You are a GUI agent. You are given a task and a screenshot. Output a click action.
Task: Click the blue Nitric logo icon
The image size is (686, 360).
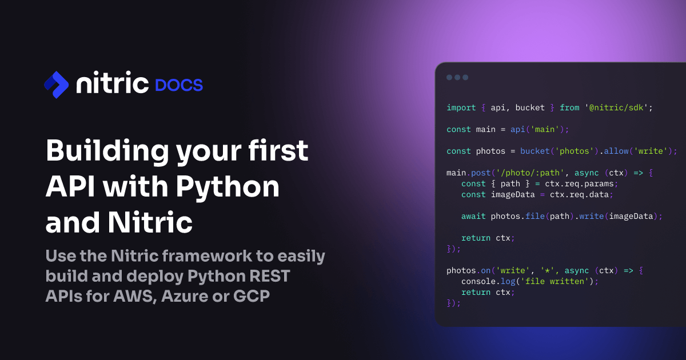click(57, 85)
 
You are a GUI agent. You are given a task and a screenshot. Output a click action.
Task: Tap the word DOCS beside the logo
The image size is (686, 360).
click(179, 85)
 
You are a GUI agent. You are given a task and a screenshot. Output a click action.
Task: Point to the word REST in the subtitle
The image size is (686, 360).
click(269, 276)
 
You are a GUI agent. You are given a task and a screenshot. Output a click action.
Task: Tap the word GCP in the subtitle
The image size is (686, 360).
click(252, 296)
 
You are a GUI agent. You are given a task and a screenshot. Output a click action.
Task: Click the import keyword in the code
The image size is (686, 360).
click(461, 108)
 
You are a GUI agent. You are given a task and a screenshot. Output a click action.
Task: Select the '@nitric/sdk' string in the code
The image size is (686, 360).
click(616, 108)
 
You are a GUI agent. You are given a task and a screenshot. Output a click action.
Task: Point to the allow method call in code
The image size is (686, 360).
click(616, 151)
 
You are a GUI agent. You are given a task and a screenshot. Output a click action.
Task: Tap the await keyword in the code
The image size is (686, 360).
click(473, 216)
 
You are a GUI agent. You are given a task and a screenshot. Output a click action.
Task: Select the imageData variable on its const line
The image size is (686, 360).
click(513, 195)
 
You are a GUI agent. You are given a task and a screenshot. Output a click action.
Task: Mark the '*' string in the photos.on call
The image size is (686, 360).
click(547, 271)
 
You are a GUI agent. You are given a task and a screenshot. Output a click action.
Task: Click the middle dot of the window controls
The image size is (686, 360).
click(457, 78)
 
